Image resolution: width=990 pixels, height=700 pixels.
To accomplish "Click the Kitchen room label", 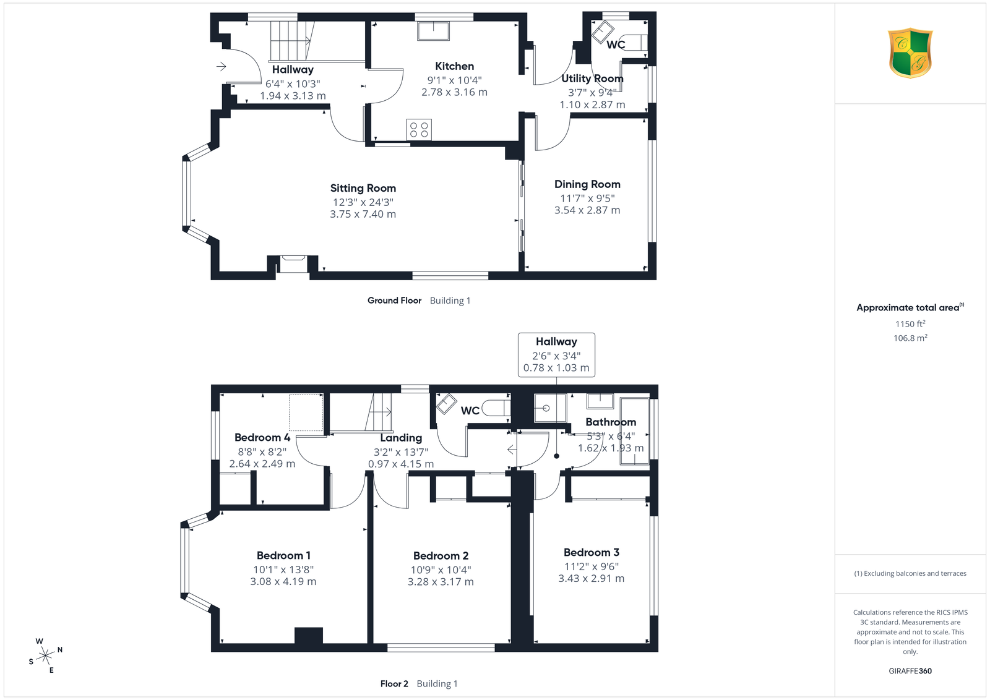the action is pos(454,66).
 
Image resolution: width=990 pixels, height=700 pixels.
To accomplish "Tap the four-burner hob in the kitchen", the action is pos(419,129).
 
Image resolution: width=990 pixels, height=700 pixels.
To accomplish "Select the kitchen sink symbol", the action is pos(433,31).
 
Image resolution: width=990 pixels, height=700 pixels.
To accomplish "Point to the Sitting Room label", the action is pos(363,188).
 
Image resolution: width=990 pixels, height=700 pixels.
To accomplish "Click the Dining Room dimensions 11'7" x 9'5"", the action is pos(587,198).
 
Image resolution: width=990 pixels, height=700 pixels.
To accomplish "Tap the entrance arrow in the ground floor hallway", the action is pos(222,67).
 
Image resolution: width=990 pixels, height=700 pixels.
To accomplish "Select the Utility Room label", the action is pos(592,79).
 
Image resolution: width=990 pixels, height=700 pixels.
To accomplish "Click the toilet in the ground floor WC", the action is pos(635,43).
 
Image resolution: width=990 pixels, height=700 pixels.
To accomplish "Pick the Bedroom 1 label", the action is pos(283,555).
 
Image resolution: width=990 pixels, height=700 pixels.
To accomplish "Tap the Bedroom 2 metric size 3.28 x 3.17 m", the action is pos(441,582).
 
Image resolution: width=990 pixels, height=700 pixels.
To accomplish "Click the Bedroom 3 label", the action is pos(592,552).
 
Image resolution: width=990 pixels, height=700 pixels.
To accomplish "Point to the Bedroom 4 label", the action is pos(262,438).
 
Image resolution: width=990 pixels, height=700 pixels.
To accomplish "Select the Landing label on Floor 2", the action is pos(401,438).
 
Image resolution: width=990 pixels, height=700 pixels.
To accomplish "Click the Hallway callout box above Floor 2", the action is pos(556,355).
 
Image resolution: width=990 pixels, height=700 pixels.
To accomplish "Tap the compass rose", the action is pos(46,656).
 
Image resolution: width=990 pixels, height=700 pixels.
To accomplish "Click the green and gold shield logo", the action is pos(910,53).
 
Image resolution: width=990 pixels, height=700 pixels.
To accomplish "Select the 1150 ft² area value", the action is pos(910,324).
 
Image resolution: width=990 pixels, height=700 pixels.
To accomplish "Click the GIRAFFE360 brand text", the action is pos(910,671).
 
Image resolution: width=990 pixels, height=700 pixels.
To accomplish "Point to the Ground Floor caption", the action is pos(394,301).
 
